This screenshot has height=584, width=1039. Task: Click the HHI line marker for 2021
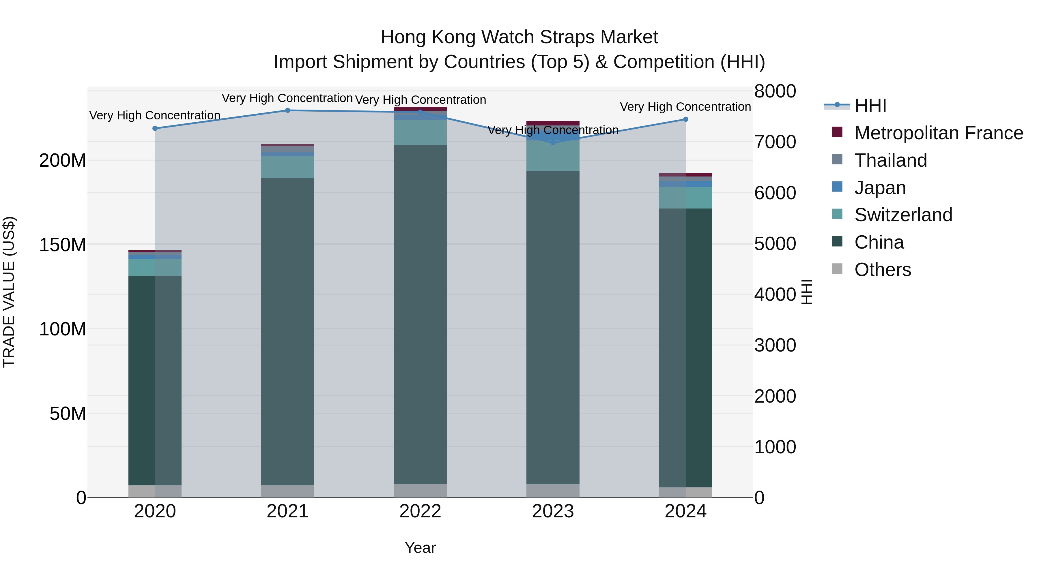pyautogui.click(x=287, y=110)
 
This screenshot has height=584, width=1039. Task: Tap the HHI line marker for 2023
pyautogui.click(x=553, y=142)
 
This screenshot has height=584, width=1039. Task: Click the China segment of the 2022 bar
pyautogui.click(x=420, y=314)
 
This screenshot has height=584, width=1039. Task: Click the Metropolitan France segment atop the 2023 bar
pyautogui.click(x=553, y=123)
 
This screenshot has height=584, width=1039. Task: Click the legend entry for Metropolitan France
pyautogui.click(x=938, y=133)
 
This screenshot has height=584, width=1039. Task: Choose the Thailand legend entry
pyautogui.click(x=891, y=160)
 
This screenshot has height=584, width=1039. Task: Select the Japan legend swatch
pyautogui.click(x=837, y=187)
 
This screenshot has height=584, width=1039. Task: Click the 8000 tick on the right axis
pyautogui.click(x=775, y=91)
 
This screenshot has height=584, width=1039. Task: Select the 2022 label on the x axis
pyautogui.click(x=420, y=511)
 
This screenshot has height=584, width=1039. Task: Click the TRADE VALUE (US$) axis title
pyautogui.click(x=9, y=292)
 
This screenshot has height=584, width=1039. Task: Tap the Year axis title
pyautogui.click(x=420, y=548)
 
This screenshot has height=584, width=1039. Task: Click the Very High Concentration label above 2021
pyautogui.click(x=287, y=98)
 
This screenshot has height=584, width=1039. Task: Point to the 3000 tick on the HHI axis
pyautogui.click(x=775, y=345)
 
